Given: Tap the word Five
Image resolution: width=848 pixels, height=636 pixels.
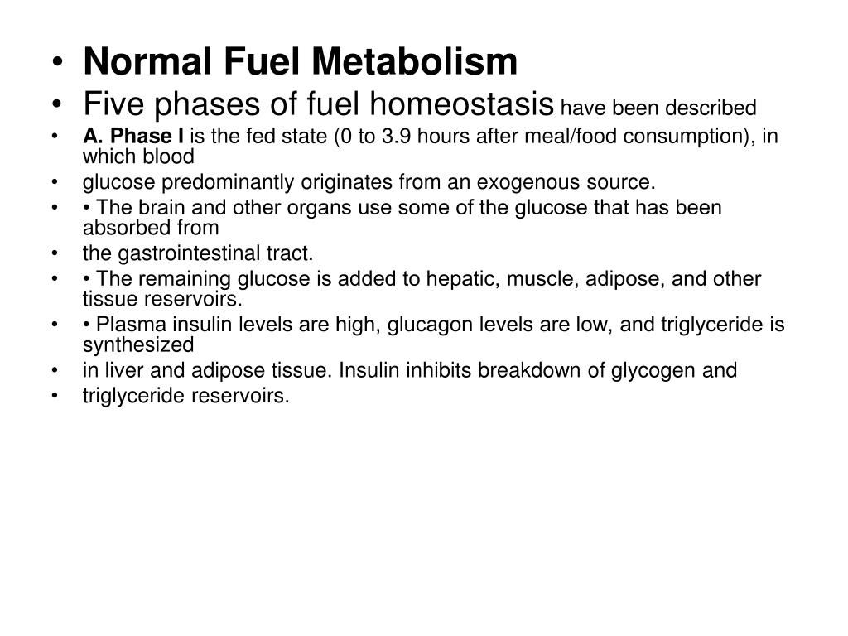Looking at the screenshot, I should click(x=112, y=104).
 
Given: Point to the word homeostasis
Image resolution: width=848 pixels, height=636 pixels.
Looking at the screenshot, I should click(x=462, y=104).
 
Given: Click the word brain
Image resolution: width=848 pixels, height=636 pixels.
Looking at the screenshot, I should click(x=154, y=207).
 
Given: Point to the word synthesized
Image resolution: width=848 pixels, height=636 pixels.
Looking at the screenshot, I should click(x=137, y=344).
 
